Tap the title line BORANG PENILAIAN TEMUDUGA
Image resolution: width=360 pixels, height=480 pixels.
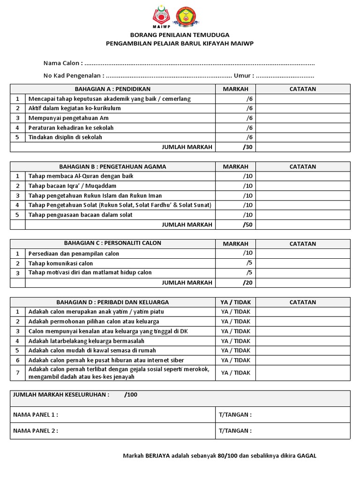180,35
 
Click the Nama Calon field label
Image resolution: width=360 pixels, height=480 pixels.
63,63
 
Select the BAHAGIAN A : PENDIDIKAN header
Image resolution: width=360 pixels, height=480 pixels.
112,89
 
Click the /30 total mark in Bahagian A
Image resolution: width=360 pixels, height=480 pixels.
247,147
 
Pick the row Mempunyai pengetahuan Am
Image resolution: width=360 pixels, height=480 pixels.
68,118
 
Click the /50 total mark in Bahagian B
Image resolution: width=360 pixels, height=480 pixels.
247,225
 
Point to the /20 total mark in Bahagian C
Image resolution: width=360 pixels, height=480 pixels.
247,283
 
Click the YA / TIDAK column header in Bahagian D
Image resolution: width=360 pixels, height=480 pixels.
235,302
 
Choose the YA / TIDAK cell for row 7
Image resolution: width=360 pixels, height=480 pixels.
235,373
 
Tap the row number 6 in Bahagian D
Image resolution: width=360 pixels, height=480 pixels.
18,360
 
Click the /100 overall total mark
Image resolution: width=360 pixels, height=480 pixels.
131,395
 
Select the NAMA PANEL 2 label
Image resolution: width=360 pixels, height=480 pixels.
36,431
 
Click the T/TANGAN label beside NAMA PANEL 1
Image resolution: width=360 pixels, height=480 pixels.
235,415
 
